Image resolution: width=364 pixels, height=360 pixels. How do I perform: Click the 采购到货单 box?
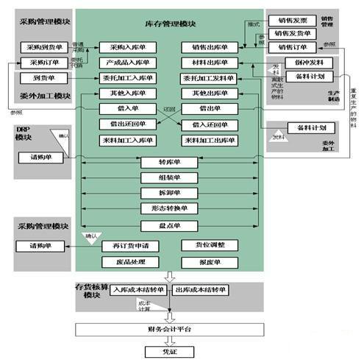[41, 47]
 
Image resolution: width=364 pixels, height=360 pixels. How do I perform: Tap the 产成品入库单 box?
[127, 63]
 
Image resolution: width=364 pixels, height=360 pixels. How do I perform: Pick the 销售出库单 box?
[210, 47]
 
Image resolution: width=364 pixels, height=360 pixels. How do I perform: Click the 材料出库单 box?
[210, 63]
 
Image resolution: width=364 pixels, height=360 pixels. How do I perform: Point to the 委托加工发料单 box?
[210, 78]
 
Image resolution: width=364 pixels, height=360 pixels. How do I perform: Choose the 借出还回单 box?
[127, 124]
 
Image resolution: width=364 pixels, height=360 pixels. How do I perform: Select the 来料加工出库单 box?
[210, 140]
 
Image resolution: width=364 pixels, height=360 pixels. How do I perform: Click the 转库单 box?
[169, 162]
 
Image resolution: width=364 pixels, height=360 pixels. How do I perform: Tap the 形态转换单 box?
[169, 208]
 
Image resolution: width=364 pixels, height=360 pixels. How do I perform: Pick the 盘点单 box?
[169, 225]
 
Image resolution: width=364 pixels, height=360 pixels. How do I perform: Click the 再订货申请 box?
[130, 245]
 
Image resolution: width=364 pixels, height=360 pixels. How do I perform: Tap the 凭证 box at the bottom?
[170, 351]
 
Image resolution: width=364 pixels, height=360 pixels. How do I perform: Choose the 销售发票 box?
[292, 19]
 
